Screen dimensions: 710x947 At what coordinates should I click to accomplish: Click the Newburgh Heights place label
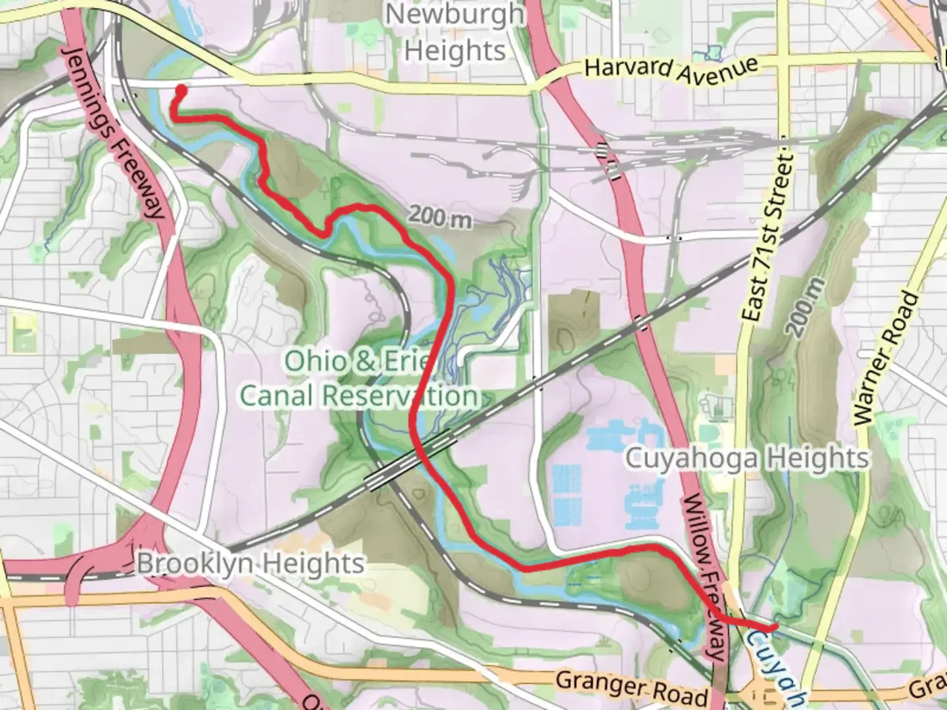[x=455, y=32]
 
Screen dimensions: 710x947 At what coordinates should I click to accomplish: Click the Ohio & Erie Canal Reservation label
[x=359, y=379]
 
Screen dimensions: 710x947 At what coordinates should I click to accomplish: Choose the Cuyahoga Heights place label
[x=746, y=458]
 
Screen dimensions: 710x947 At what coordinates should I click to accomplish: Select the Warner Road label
[x=885, y=358]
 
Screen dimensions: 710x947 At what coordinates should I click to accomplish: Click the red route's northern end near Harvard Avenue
[x=181, y=89]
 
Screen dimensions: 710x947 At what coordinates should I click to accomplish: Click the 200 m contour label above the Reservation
[x=439, y=216]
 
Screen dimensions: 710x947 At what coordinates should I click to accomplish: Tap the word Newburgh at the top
[x=455, y=14]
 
